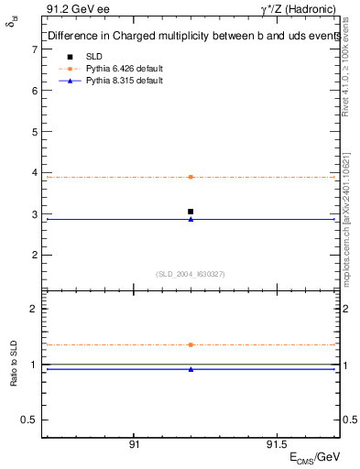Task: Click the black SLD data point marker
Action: [191, 212]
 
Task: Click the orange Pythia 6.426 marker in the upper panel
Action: [191, 177]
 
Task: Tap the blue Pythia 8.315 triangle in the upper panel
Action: [191, 219]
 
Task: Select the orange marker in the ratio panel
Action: [191, 344]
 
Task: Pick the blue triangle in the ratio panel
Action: [191, 369]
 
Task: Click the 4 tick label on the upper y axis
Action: [34, 172]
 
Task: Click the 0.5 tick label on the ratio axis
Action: [30, 420]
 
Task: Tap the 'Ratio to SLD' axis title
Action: [13, 365]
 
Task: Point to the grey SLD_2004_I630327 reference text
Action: [191, 273]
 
